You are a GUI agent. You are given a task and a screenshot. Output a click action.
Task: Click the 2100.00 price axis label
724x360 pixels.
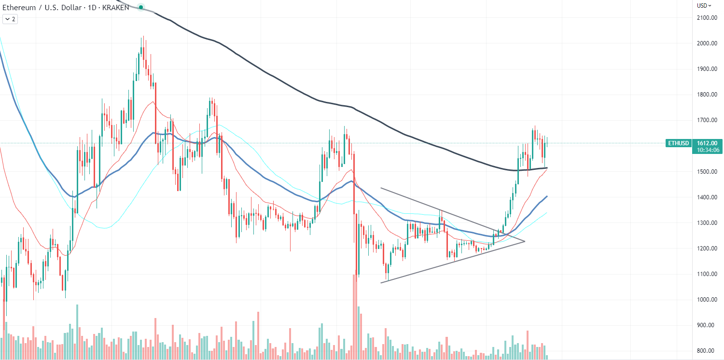(706, 18)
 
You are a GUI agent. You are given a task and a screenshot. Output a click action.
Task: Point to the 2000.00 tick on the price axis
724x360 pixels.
(706, 43)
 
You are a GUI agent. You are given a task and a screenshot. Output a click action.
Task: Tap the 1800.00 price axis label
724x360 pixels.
(706, 95)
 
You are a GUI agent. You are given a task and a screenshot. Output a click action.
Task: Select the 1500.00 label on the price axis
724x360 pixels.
(706, 172)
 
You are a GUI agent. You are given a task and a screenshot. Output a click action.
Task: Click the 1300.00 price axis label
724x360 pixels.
(706, 223)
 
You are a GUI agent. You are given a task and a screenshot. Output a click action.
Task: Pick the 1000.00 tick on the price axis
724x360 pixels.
(706, 300)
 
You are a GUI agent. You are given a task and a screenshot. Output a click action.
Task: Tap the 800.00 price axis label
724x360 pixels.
(706, 351)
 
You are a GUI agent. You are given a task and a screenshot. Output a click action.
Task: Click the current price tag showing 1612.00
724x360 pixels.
(707, 143)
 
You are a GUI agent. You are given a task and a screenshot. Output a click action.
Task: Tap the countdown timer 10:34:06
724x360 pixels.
(707, 150)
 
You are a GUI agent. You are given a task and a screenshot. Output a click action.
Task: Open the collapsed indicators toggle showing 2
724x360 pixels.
(10, 19)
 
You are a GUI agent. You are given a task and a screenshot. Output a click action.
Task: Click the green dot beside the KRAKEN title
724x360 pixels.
(140, 7)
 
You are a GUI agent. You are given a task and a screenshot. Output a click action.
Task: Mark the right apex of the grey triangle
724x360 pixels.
(524, 241)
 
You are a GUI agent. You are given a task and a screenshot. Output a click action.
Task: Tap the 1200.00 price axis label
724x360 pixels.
(706, 249)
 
